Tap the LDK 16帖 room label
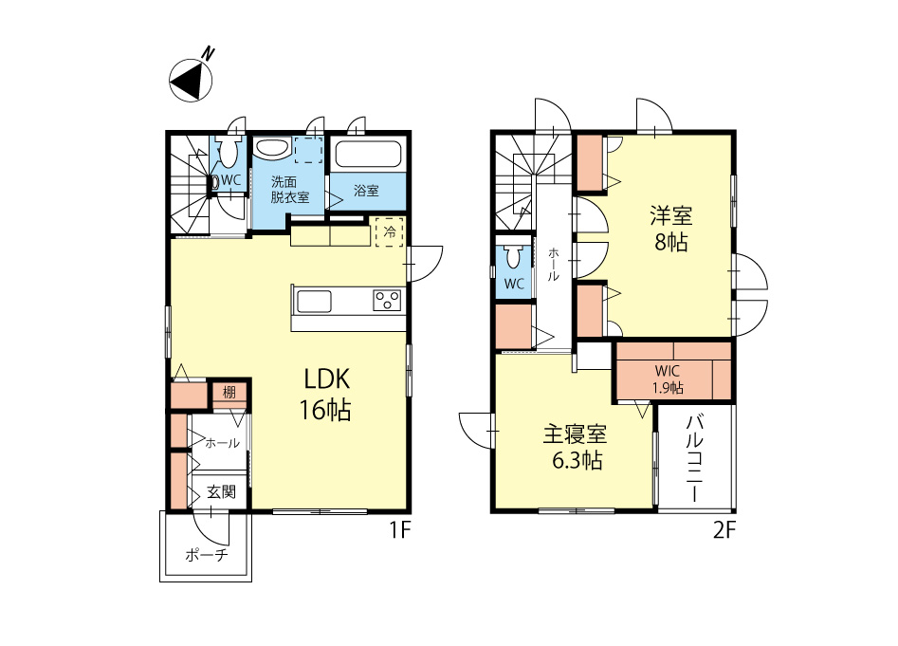tap(326, 395)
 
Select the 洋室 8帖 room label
tap(671, 229)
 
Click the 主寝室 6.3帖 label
tap(576, 448)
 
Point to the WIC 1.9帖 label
tap(668, 379)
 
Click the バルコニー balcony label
tap(695, 458)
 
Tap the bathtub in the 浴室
tap(368, 154)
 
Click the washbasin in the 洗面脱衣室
tap(272, 148)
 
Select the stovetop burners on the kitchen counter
tap(387, 301)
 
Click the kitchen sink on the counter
tap(314, 302)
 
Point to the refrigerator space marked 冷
tap(390, 232)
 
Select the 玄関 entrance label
tap(221, 491)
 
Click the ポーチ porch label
tap(206, 554)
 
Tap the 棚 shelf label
tap(229, 393)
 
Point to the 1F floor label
tap(400, 530)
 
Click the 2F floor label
tap(724, 530)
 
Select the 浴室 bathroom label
tap(367, 191)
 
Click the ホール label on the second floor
tap(554, 264)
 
